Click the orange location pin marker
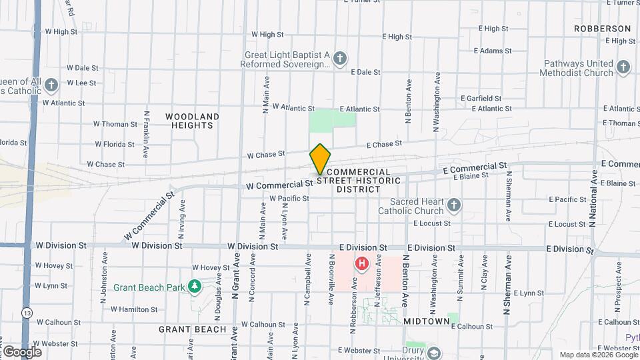[321, 159]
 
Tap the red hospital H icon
[362, 264]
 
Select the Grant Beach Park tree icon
[195, 287]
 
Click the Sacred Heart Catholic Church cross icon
[454, 205]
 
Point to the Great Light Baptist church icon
[340, 59]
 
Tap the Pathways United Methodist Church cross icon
[623, 67]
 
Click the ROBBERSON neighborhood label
[603, 29]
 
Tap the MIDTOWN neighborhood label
[427, 321]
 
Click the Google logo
[22, 351]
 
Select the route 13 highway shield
[27, 313]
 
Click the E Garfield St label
[480, 98]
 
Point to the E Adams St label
[492, 51]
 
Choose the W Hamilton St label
[133, 309]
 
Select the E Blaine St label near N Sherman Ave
[471, 176]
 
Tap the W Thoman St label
[115, 124]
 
